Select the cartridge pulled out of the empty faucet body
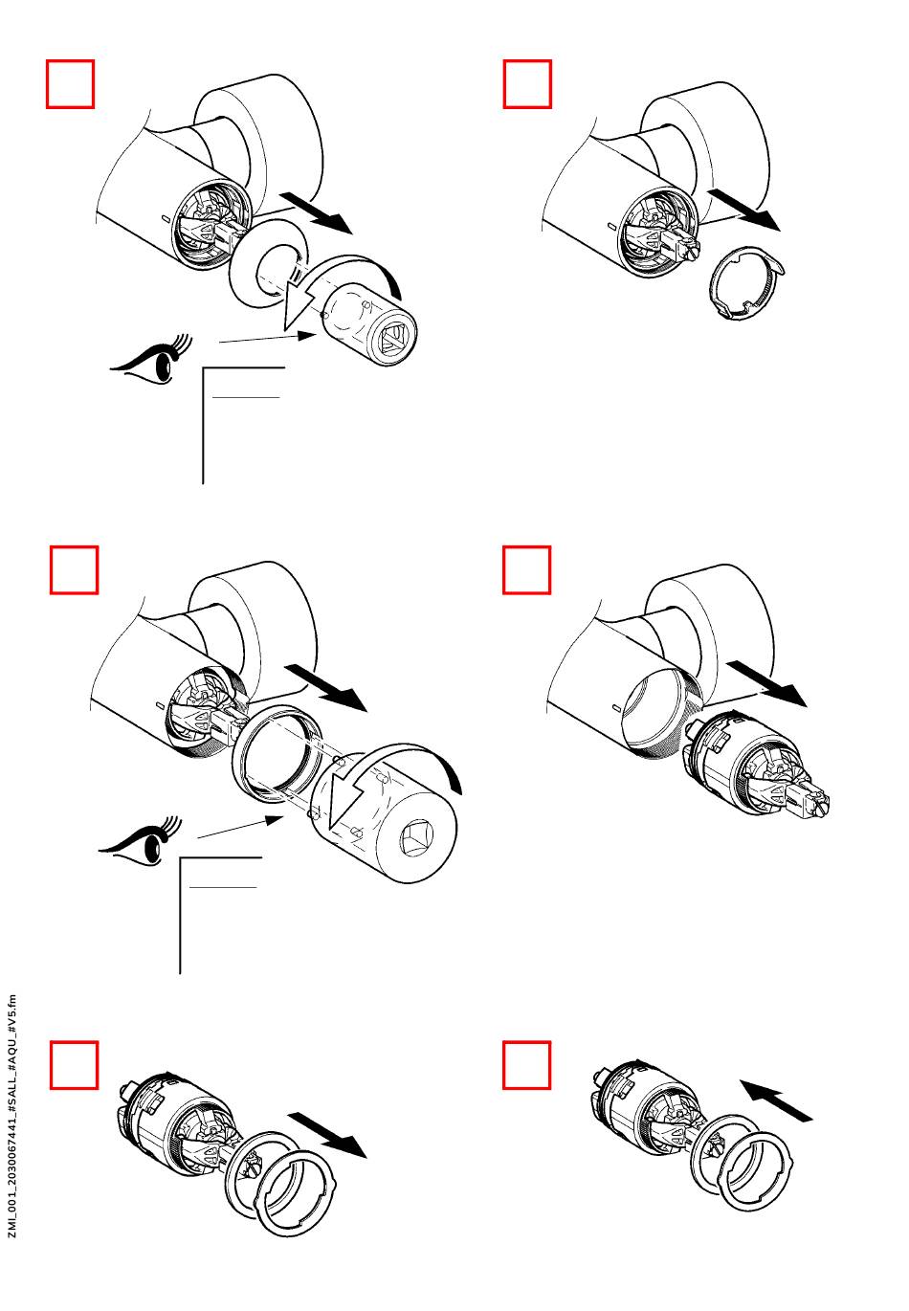(x=756, y=766)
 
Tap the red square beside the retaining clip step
(x=527, y=84)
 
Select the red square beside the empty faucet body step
(x=527, y=570)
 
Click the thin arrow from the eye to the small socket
(x=268, y=337)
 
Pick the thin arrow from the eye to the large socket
(x=239, y=828)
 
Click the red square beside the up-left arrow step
(x=527, y=1065)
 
